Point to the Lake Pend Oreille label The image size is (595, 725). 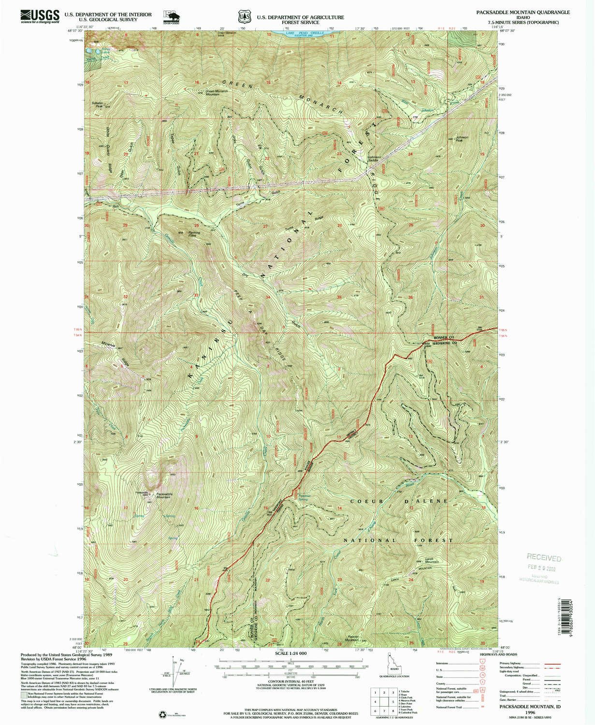pyautogui.click(x=300, y=33)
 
